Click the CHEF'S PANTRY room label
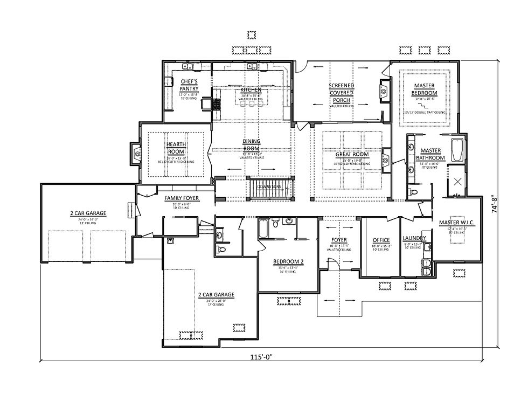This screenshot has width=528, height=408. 189,85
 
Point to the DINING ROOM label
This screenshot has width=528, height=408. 251,145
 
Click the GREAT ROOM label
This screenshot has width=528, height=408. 353,155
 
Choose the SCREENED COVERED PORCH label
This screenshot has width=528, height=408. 342,93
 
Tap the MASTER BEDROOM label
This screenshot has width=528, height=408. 425,89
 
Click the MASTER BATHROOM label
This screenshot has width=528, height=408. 430,154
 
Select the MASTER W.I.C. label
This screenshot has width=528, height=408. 456,223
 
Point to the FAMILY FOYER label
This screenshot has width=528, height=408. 182,198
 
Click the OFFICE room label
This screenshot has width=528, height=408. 381,240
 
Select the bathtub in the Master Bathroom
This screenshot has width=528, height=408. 457,150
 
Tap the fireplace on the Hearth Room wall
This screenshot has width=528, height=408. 135,154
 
